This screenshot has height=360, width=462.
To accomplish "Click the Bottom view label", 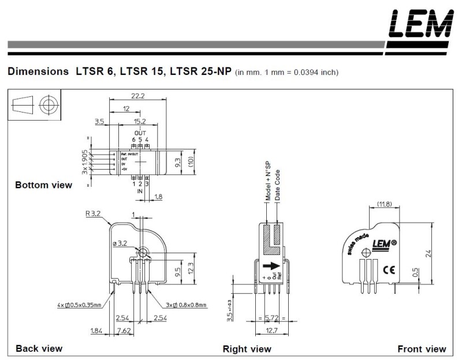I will pos(44,185).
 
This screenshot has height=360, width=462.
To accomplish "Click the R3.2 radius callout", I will pos(94,213).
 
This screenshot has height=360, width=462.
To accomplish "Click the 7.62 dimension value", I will pos(123,330).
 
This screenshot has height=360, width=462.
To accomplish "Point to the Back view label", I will pos(39,348).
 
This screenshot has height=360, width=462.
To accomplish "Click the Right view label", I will pos(247,349).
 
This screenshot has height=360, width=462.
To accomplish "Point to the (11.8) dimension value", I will pos(385,204).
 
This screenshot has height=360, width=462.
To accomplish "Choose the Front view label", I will pos(422,349).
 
